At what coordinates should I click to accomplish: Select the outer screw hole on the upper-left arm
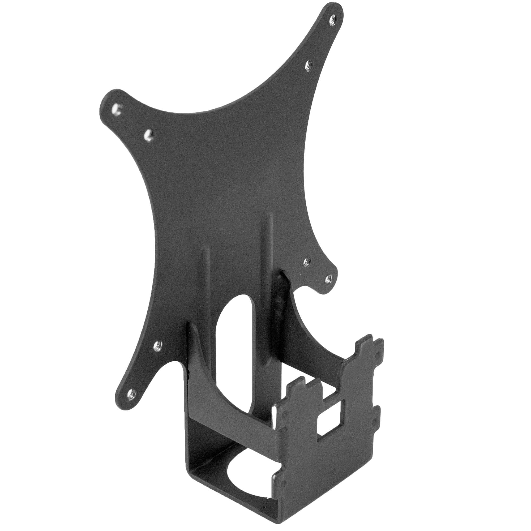117,108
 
